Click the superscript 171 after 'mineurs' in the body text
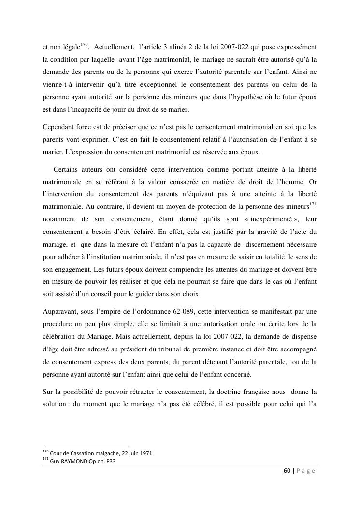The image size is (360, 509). click(313, 204)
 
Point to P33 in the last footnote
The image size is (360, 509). click(110, 461)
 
